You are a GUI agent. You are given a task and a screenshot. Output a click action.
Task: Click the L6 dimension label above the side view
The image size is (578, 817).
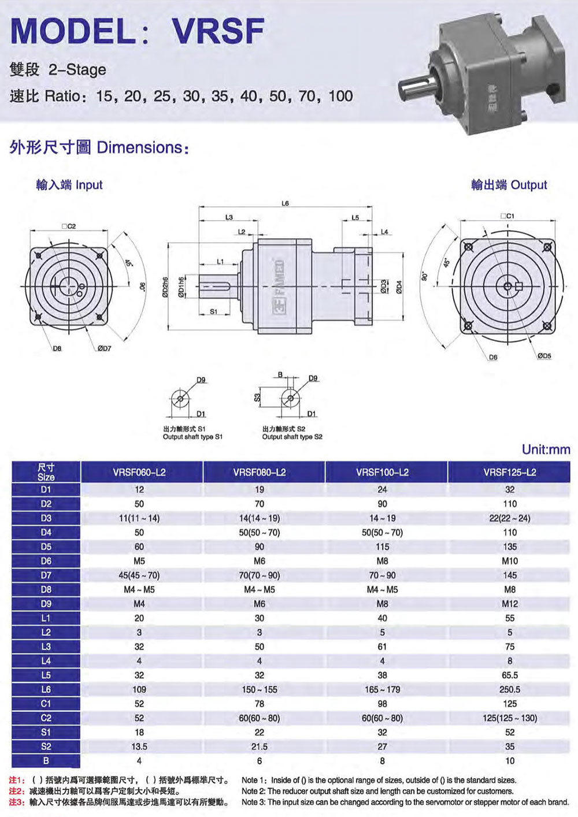pyautogui.click(x=286, y=203)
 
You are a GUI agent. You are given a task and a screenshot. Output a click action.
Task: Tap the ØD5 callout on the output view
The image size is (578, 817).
pyautogui.click(x=544, y=355)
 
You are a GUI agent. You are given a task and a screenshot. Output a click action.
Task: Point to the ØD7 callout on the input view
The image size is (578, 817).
pyautogui.click(x=105, y=348)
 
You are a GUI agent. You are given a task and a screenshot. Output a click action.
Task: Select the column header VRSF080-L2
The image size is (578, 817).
pyautogui.click(x=260, y=472)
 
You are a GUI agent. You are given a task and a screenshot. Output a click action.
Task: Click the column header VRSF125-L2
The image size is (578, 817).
pyautogui.click(x=510, y=472)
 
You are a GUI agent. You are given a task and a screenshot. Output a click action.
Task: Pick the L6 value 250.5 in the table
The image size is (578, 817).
pyautogui.click(x=510, y=689)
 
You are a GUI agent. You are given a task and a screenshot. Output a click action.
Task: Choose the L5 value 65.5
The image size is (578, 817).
pyautogui.click(x=510, y=675)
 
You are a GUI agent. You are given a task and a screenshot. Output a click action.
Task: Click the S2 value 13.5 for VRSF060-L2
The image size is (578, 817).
pyautogui.click(x=139, y=747)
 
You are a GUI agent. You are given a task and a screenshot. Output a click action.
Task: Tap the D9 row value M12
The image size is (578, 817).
pyautogui.click(x=510, y=604)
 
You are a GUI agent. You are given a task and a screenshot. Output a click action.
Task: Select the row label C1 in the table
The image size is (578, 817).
pyautogui.click(x=46, y=704)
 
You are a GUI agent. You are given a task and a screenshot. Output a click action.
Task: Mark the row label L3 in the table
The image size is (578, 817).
pyautogui.click(x=46, y=647)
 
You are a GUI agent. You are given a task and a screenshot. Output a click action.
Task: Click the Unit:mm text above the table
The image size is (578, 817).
pyautogui.click(x=546, y=450)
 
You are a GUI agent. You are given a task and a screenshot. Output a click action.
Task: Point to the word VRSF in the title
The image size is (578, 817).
pyautogui.click(x=218, y=31)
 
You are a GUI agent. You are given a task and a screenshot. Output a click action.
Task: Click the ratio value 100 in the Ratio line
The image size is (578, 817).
pyautogui.click(x=341, y=96)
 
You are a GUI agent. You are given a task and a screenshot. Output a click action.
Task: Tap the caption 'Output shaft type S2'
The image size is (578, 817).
pyautogui.click(x=292, y=437)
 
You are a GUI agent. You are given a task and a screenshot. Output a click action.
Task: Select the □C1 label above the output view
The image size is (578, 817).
pyautogui.click(x=507, y=216)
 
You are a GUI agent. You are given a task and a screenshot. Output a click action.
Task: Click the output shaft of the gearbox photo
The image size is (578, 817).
pyautogui.click(x=417, y=87)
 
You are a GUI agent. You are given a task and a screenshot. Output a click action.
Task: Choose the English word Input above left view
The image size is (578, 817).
pyautogui.click(x=90, y=185)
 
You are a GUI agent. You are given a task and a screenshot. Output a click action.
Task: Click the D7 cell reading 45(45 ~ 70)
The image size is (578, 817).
pyautogui.click(x=139, y=575)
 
